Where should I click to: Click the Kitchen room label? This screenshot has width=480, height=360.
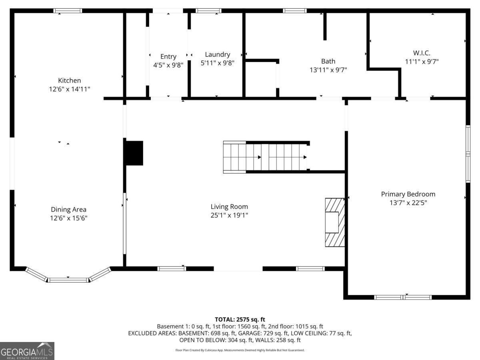(x=69, y=80)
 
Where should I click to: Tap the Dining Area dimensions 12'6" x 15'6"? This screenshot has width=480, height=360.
(x=69, y=218)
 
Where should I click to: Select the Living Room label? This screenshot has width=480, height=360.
(x=229, y=206)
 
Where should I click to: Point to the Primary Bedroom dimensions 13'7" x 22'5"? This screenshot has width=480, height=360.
(x=408, y=203)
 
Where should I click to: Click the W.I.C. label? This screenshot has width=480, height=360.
(x=422, y=53)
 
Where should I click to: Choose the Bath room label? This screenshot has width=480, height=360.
(x=328, y=61)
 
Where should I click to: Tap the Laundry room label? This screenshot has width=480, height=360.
(x=217, y=54)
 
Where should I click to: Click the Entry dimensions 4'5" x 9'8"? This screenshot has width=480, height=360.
(x=168, y=65)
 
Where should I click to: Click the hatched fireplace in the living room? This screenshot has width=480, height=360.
(x=335, y=222)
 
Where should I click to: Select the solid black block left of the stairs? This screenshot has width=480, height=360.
(x=134, y=153)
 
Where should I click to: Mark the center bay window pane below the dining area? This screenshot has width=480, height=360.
(x=68, y=280)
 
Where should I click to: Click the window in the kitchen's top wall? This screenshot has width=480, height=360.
(x=68, y=11)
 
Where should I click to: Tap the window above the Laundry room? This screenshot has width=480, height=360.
(x=208, y=11)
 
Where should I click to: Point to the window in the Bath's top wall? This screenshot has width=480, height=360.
(x=294, y=11)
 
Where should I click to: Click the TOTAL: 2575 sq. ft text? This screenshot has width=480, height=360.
(x=240, y=320)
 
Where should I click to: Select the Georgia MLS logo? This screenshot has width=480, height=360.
(x=27, y=351)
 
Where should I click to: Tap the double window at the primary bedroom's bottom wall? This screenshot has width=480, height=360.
(x=403, y=297)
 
